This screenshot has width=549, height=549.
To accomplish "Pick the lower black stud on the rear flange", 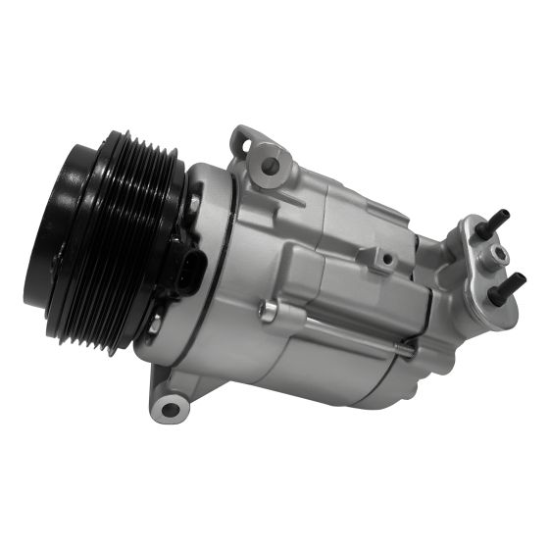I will pos(511,284).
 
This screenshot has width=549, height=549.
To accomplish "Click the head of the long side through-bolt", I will pos(263,312).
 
